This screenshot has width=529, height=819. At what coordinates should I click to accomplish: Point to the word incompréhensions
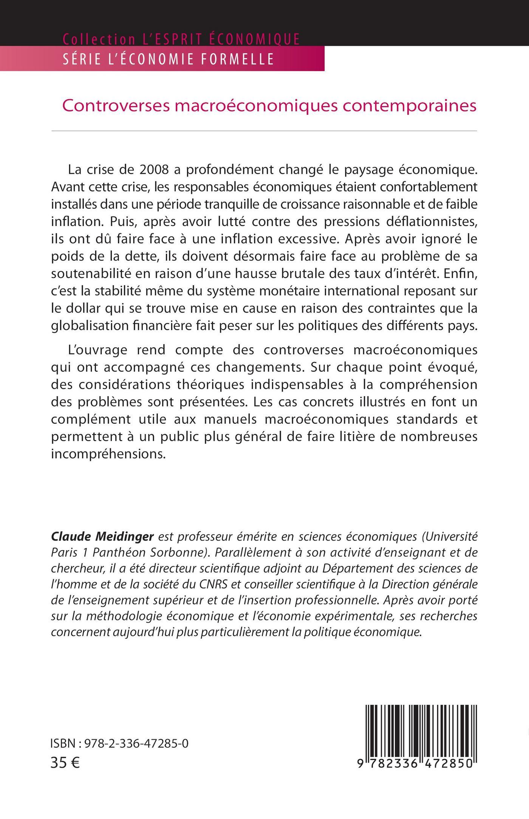click(x=108, y=454)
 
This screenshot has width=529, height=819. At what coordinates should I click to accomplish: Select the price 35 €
click(x=65, y=763)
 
